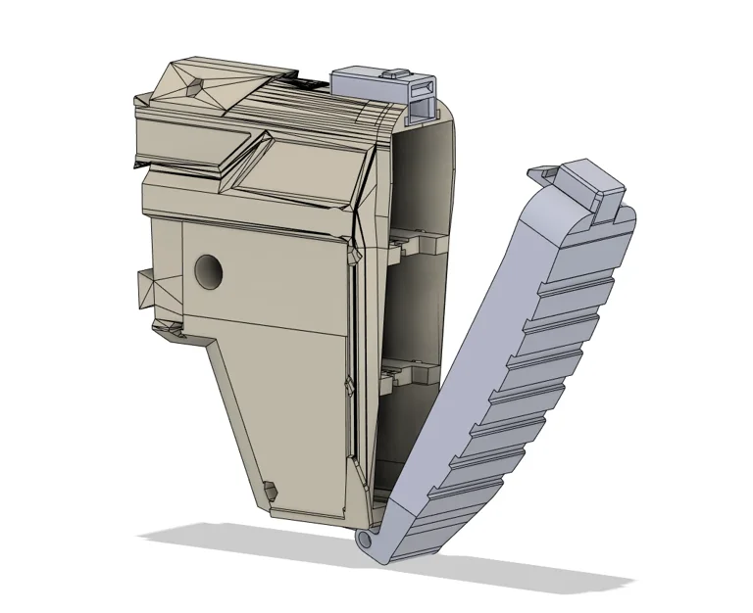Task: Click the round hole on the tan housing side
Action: tap(208, 272)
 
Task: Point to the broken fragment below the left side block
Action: tap(170, 333)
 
